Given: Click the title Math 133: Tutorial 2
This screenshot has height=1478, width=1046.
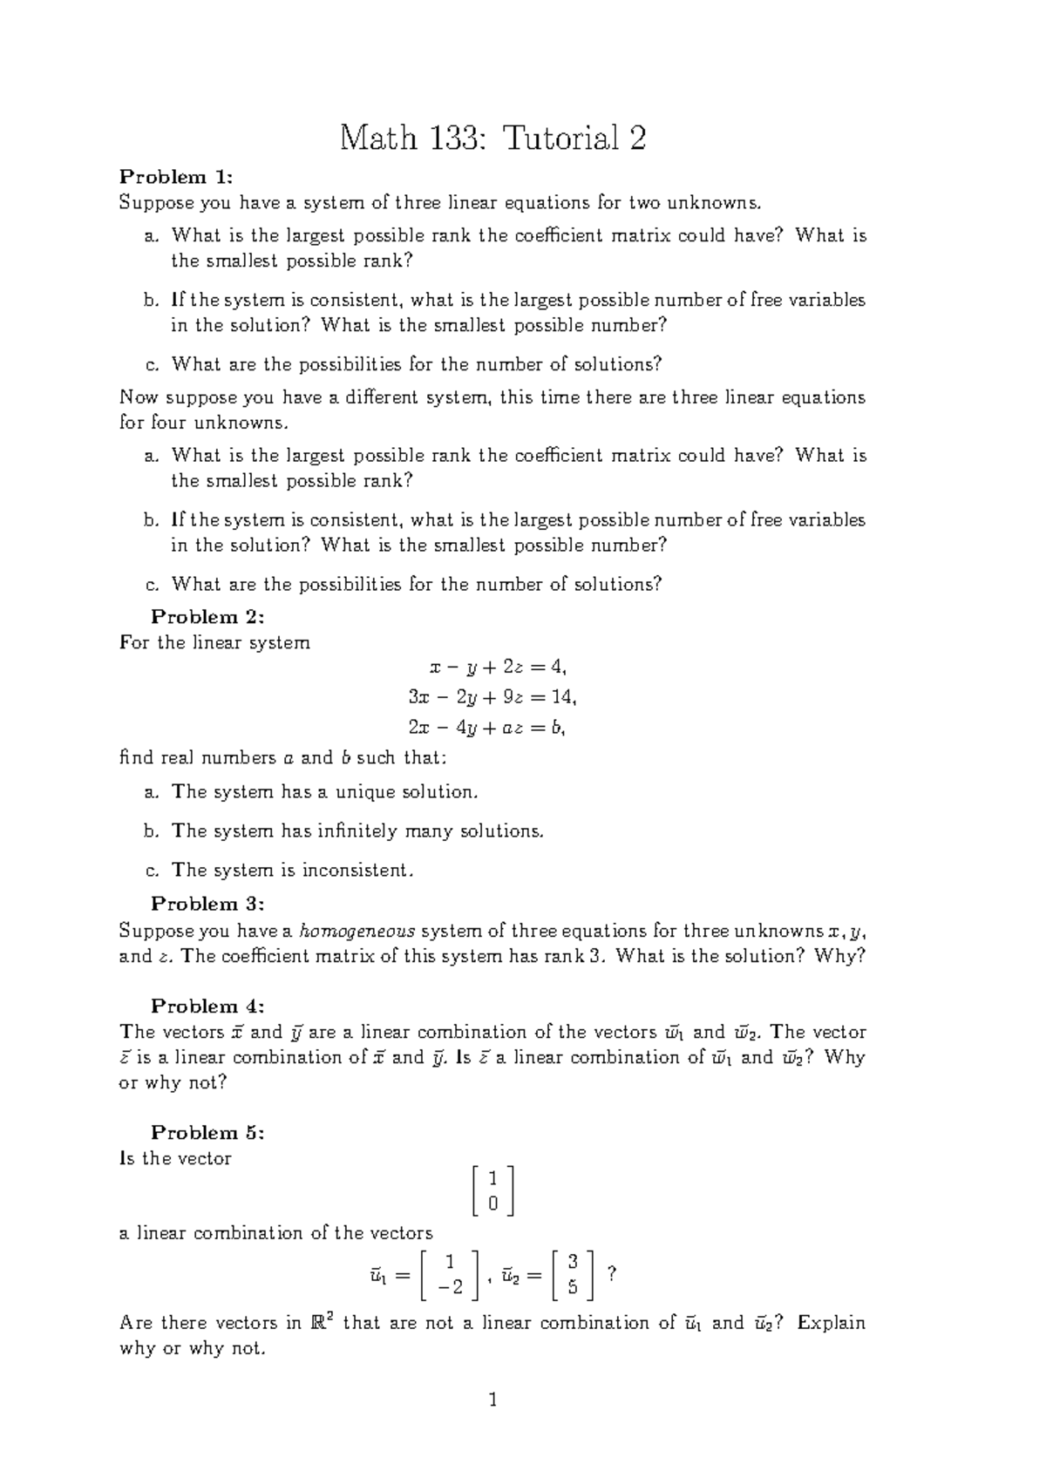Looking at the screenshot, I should click(492, 138).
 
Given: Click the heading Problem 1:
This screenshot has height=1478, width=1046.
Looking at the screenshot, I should click(175, 177).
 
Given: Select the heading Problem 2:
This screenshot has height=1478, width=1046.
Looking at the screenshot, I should click(207, 617).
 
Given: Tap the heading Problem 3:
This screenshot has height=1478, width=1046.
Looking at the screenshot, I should click(207, 904).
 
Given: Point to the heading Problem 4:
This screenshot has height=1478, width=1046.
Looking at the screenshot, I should click(207, 1006).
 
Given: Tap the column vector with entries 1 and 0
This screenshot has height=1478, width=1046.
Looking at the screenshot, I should click(492, 1190).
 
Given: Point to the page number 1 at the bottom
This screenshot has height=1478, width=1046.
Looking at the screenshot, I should click(493, 1400).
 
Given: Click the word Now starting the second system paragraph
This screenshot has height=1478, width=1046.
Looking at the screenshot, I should click(138, 397).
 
